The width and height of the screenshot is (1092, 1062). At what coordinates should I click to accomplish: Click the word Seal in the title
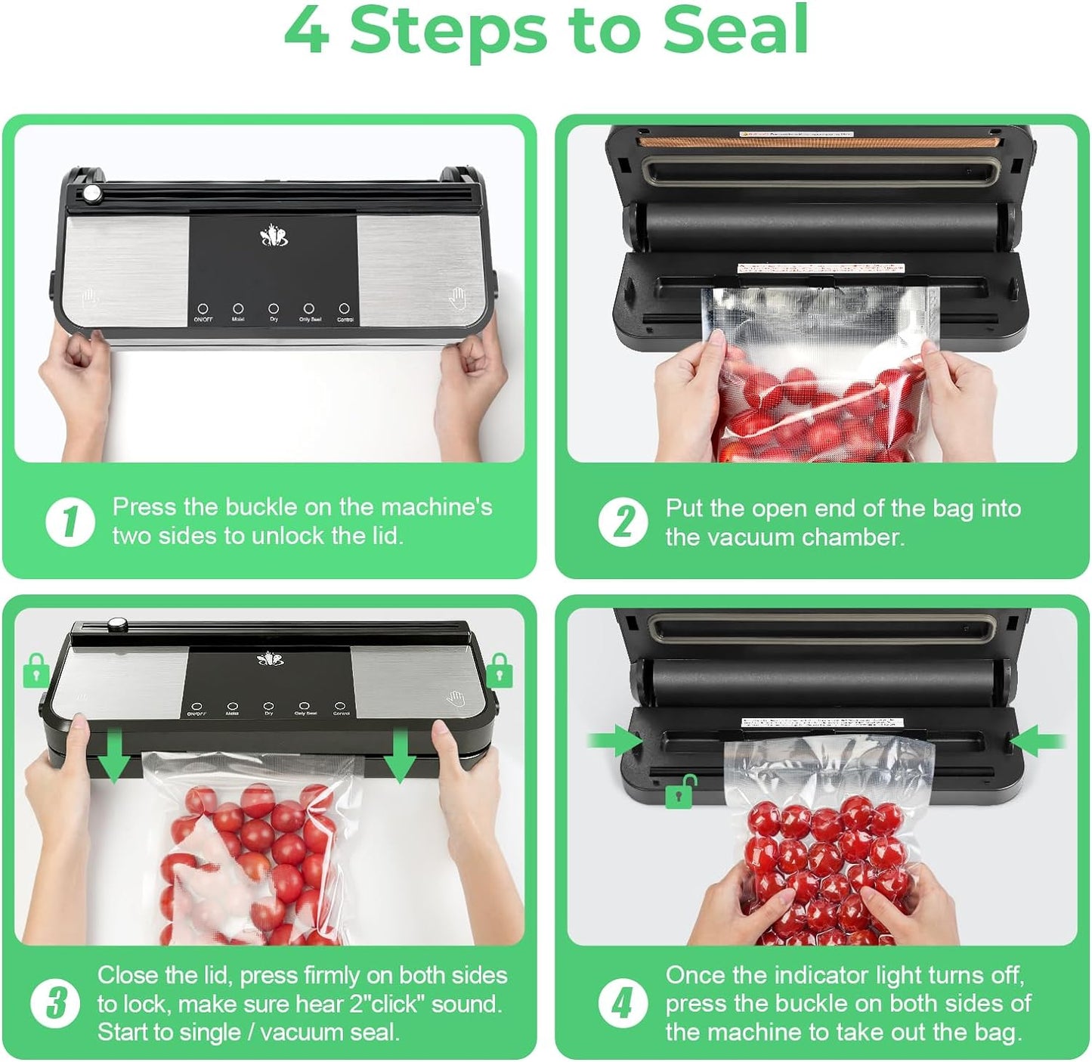pyautogui.click(x=735, y=30)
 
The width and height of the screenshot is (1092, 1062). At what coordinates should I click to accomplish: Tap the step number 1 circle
pyautogui.click(x=70, y=522)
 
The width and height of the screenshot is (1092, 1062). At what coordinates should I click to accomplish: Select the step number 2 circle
pyautogui.click(x=623, y=522)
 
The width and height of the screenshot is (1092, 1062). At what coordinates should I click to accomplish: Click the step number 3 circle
pyautogui.click(x=55, y=1004)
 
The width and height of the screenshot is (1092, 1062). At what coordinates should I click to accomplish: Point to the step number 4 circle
pyautogui.click(x=623, y=1004)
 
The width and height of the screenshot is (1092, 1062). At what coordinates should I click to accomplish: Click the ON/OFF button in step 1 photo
pyautogui.click(x=203, y=309)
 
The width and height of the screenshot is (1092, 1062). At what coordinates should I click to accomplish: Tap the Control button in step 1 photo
pyautogui.click(x=345, y=309)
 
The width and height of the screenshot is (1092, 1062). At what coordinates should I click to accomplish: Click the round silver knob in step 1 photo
pyautogui.click(x=93, y=194)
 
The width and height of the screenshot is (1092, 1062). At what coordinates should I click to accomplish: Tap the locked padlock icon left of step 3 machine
pyautogui.click(x=36, y=671)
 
